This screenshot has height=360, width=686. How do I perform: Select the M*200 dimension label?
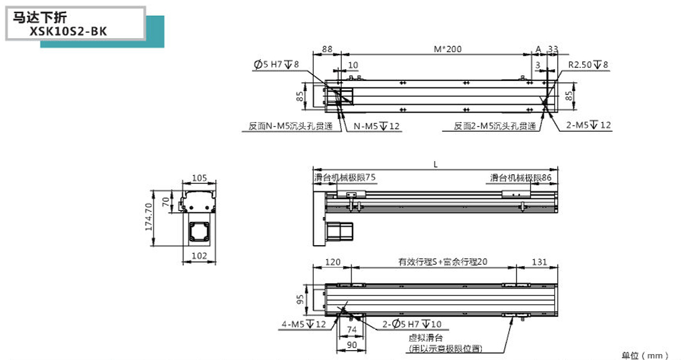pyautogui.click(x=447, y=49)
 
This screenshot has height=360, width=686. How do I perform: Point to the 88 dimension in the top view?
pyautogui.click(x=327, y=49)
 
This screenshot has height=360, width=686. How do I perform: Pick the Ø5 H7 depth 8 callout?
pyautogui.click(x=276, y=64)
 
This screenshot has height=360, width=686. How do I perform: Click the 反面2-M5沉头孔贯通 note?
pyautogui.click(x=495, y=126)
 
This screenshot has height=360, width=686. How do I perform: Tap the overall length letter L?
pyautogui.click(x=436, y=165)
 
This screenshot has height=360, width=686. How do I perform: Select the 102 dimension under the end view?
pyautogui.click(x=200, y=256)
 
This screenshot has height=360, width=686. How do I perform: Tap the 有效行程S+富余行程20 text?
pyautogui.click(x=443, y=262)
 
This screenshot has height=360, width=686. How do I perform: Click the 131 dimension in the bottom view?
pyautogui.click(x=539, y=262)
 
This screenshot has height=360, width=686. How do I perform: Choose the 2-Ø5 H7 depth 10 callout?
pyautogui.click(x=412, y=324)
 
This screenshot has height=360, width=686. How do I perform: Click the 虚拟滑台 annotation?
pyautogui.click(x=425, y=338)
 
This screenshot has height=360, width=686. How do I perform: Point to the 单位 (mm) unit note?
pyautogui.click(x=644, y=355)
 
